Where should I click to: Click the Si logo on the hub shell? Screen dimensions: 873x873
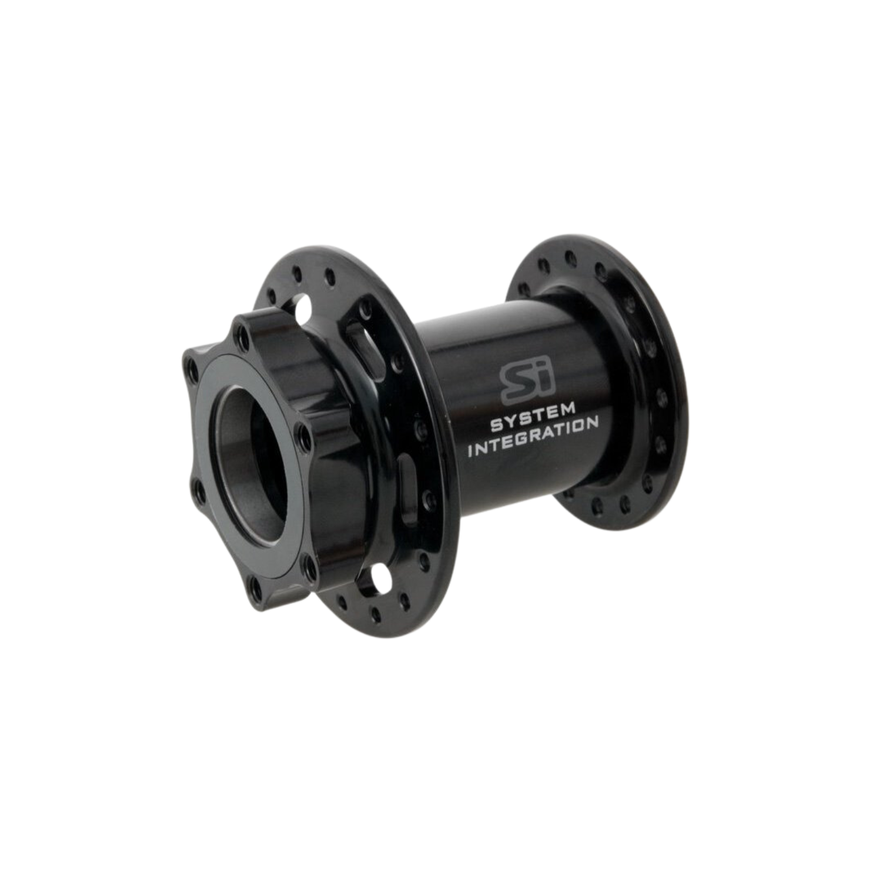(519, 383)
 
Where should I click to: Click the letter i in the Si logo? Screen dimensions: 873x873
(531, 380)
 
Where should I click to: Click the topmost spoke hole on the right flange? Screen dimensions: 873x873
(568, 257)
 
